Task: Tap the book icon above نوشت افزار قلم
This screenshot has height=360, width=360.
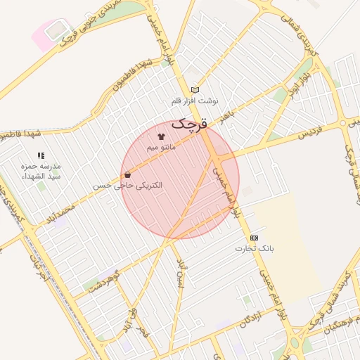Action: (195, 89)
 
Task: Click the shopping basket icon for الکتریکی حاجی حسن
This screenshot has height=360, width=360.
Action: (127, 174)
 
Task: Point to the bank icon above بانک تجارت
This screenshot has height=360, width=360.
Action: (254, 238)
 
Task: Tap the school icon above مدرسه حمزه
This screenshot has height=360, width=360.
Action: (41, 155)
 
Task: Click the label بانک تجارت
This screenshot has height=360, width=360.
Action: (255, 249)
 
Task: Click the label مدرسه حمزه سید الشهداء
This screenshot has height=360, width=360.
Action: (40, 171)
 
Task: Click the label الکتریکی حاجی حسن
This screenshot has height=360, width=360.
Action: (127, 186)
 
